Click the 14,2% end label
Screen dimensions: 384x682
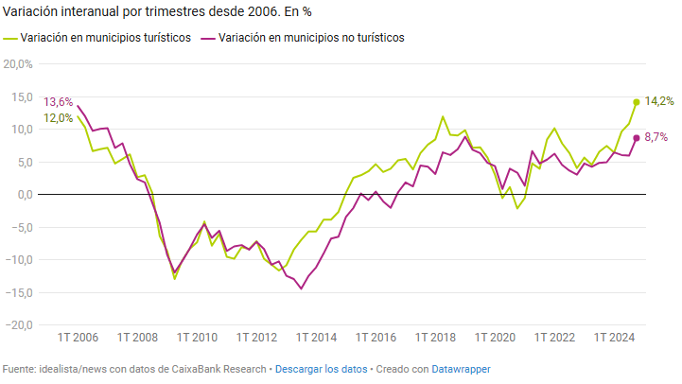click(659, 101)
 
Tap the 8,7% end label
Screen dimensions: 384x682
click(656, 137)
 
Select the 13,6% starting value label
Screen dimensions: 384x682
click(58, 102)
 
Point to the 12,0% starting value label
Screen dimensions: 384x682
click(58, 118)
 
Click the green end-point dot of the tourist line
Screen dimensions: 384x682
click(637, 102)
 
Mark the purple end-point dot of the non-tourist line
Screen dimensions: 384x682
click(637, 138)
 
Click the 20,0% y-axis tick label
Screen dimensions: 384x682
click(18, 64)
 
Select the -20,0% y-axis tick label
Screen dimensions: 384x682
click(17, 324)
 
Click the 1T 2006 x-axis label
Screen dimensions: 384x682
click(79, 338)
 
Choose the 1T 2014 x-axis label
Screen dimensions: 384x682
click(317, 338)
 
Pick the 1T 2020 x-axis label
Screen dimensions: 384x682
click(495, 338)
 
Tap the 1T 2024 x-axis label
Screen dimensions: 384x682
click(614, 338)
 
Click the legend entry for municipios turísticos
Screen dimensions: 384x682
click(104, 39)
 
